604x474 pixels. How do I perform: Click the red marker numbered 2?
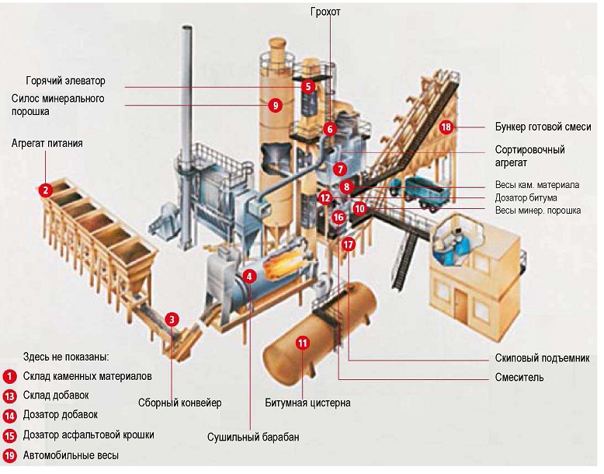point(46,190)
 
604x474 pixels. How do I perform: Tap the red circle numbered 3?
point(172,319)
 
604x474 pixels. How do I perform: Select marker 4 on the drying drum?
point(249,276)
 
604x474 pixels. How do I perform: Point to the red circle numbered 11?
point(303,343)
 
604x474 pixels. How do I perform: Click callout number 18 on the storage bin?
point(446,127)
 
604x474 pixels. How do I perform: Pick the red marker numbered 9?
point(275,105)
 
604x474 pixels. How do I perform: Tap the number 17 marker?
point(348,244)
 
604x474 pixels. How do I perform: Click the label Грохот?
point(325,12)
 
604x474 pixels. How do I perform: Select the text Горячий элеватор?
point(65,81)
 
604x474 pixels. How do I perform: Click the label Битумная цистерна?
point(307,403)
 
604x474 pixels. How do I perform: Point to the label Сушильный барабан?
point(253,437)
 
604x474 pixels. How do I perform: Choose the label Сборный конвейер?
point(180,403)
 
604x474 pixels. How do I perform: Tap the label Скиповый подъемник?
point(542,358)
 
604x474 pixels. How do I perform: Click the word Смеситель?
point(519,377)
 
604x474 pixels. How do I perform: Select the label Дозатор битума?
point(526,198)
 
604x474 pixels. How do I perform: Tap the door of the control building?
point(460,304)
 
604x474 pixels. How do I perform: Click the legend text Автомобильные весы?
point(71,455)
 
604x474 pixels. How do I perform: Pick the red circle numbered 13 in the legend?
point(9,396)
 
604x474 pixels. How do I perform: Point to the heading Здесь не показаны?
point(66,357)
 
